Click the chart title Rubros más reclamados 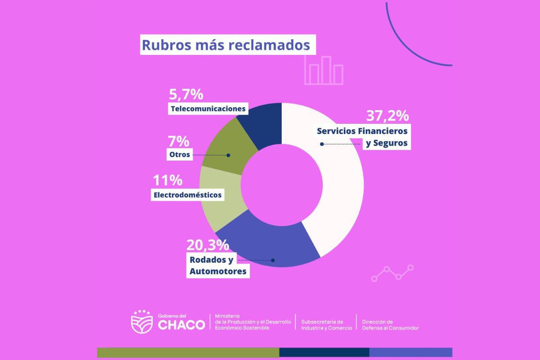tap(226, 45)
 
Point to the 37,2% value tap(387, 116)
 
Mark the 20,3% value tap(207, 245)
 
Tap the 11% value tap(167, 181)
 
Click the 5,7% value tap(186, 95)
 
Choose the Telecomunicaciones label tap(208, 108)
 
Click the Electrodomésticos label tap(188, 195)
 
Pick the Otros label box tap(179, 155)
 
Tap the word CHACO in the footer tap(181, 324)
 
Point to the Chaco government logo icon tap(141, 322)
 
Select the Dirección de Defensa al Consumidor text tap(390, 325)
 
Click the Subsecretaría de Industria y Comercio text tap(326, 325)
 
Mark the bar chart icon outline tap(324, 71)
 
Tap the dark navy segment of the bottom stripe tap(324, 352)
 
